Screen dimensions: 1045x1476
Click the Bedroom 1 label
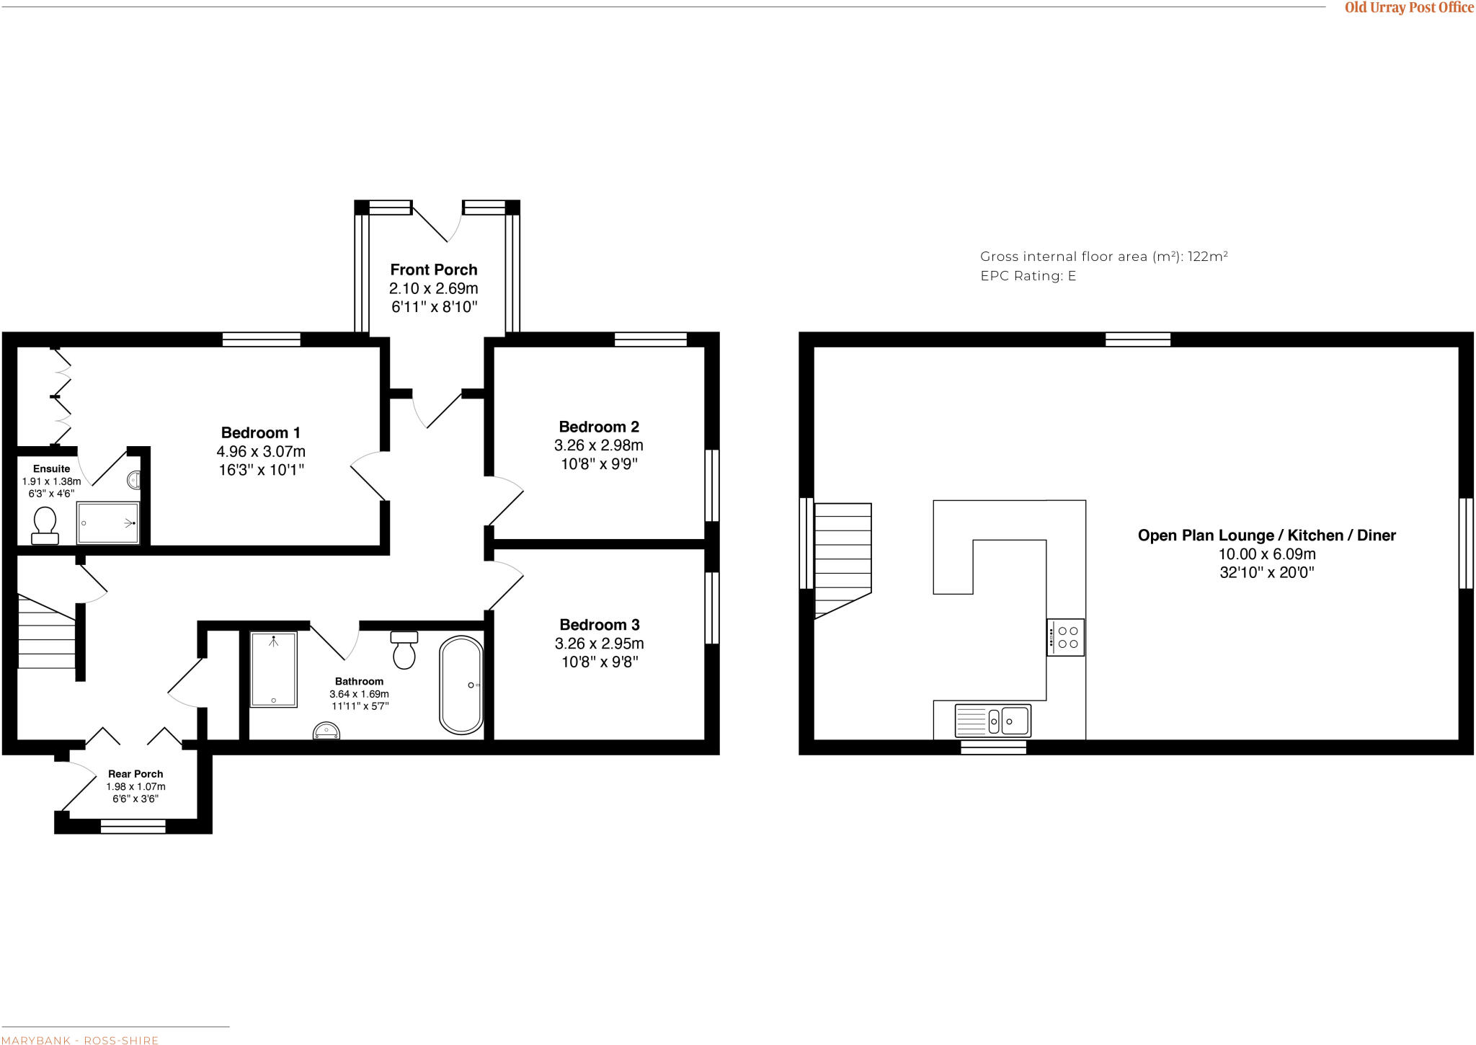coord(260,433)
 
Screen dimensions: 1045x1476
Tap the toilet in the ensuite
coord(45,525)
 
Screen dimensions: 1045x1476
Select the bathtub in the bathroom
coord(461,685)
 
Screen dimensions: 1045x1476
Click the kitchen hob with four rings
coord(1065,637)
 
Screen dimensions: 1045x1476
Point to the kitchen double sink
coord(993,721)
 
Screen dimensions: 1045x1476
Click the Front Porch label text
coord(434,270)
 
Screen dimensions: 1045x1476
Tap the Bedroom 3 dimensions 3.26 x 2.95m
coord(599,644)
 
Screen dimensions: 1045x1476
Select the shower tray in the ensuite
coord(108,522)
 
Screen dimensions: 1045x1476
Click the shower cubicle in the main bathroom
coord(274,670)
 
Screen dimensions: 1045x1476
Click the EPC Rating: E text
coord(1028,276)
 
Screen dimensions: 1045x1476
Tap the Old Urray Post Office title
coord(1409,8)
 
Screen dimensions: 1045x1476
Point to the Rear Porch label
coord(135,774)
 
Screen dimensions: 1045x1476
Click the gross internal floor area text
coord(1103,257)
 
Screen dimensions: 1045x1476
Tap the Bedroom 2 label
coord(599,427)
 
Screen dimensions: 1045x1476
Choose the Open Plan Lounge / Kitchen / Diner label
coord(1266,535)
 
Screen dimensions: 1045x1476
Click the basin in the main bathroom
coord(326,732)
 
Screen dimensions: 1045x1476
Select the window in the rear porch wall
coord(133,826)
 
